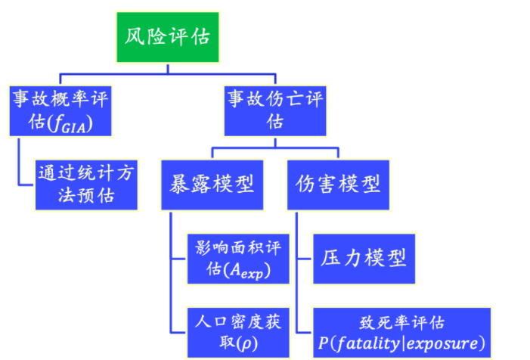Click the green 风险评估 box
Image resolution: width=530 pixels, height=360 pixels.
tap(168, 37)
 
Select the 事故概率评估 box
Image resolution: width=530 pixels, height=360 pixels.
tap(60, 110)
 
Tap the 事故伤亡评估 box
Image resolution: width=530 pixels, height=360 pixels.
tap(275, 110)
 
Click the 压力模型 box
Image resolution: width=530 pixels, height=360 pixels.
tap(361, 257)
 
